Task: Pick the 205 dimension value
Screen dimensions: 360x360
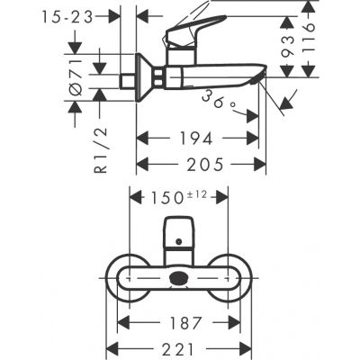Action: point(202,165)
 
